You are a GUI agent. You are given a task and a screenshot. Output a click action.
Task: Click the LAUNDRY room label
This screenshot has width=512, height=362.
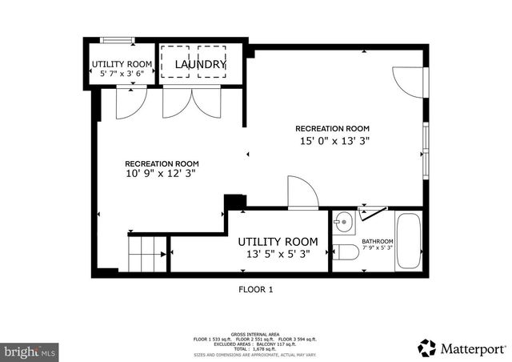coord(201,63)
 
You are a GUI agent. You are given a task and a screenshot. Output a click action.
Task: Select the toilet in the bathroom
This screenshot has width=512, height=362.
coord(346,253)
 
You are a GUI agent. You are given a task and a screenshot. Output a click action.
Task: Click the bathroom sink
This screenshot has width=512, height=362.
coord(344,220)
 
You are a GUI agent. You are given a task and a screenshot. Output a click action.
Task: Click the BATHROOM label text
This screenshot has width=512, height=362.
coord(378,241)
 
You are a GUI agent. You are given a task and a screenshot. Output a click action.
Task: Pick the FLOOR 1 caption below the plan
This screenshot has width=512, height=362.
coord(256,290)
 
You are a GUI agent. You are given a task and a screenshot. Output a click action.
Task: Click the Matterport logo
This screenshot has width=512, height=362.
coord(462,348)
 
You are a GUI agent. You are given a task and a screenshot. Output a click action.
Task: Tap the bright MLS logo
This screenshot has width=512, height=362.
coord(30,351)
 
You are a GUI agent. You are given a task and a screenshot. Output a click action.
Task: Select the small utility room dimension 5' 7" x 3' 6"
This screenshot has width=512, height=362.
coord(122,73)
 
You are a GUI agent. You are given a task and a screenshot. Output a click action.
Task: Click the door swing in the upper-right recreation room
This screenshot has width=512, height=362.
coord(408,79)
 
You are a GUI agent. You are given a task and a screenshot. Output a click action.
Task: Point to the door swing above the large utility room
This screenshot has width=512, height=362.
coord(302,193)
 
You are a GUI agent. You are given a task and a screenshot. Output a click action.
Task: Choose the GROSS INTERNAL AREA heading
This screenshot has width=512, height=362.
coord(256,334)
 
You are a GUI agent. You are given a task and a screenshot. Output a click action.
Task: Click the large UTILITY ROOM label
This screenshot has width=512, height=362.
coord(278,241)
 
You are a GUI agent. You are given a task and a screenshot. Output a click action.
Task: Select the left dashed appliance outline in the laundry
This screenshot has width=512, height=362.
coord(174,62)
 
